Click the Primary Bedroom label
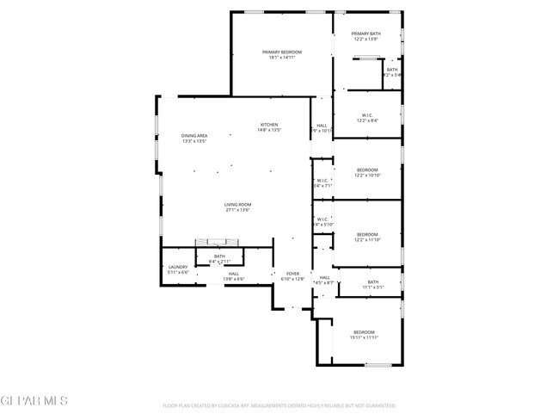pos(282,52)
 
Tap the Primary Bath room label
pos(366,34)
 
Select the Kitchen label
pos(270,125)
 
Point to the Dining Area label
pos(194,136)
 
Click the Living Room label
pos(237,204)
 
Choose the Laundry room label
pos(178,268)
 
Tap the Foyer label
pos(293,274)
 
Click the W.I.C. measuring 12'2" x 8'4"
pos(366,115)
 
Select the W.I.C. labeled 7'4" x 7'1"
pos(322,180)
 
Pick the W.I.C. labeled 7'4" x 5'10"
pos(322,219)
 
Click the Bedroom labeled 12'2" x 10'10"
pos(367,170)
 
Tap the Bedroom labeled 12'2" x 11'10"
pos(367,234)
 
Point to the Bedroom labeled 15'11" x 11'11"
pos(364,332)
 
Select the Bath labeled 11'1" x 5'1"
pos(372,282)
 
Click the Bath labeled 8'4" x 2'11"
pos(219,256)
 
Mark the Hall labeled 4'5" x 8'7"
pos(324,277)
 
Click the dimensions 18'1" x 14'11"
pos(282,58)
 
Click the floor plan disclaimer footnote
pos(279,405)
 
